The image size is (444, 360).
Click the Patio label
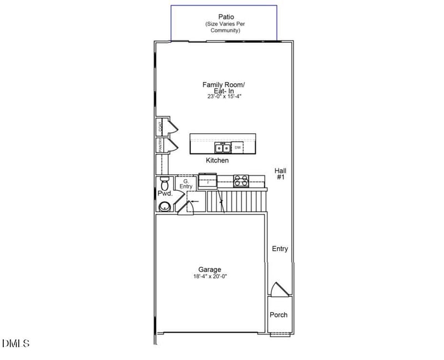[221, 17]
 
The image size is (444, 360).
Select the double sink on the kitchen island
[223, 148]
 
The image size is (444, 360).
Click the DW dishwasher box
[238, 148]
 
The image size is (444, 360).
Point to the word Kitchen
[217, 160]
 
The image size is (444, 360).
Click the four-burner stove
[241, 181]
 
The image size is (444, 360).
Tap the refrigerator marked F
[208, 181]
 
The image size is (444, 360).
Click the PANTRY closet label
[160, 145]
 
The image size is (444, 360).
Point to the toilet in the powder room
[164, 182]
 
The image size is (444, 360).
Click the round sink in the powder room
[165, 206]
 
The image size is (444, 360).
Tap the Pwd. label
[165, 194]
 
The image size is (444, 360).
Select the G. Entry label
[186, 184]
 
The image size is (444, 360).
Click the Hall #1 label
[280, 174]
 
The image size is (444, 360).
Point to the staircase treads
[236, 201]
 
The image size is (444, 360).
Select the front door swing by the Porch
[278, 290]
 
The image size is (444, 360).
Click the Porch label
[279, 315]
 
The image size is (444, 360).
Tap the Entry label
[280, 249]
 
